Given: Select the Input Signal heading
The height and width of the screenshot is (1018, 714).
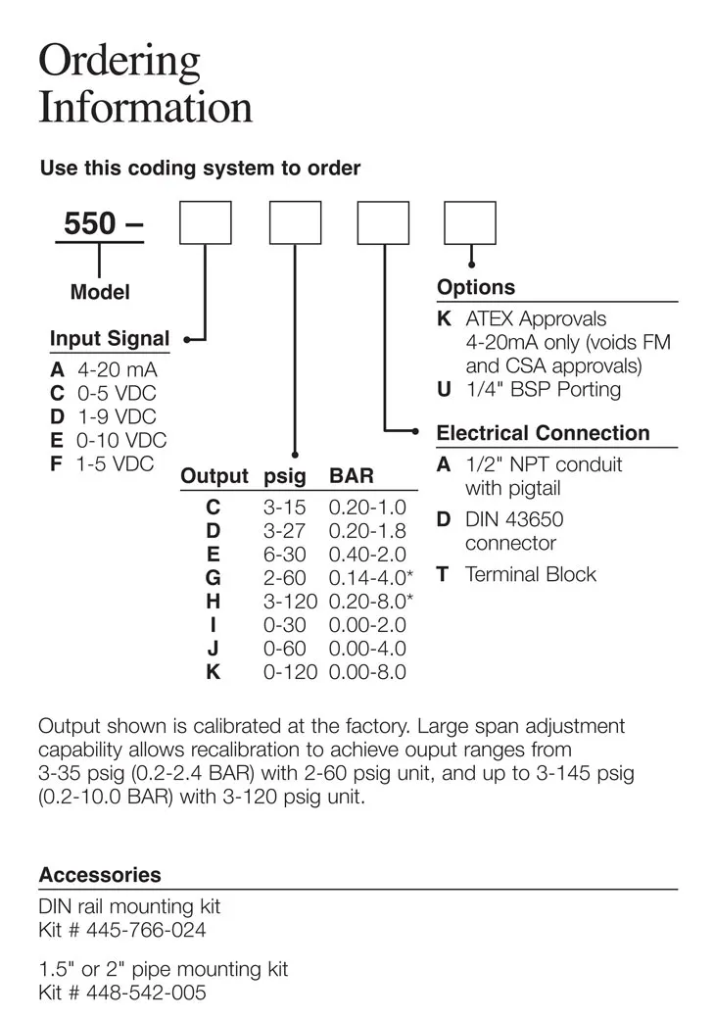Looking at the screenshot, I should point(110,339).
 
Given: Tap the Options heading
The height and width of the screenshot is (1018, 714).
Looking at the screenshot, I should point(476,287).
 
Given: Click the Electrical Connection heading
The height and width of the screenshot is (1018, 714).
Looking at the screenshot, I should point(543,433).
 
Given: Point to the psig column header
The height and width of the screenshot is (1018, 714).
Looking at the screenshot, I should point(285,477).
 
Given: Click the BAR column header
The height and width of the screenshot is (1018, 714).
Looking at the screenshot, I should point(352,477).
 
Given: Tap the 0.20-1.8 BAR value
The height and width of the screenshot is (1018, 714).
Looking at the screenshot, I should point(367,530).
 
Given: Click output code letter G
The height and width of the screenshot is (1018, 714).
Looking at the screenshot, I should point(214,577).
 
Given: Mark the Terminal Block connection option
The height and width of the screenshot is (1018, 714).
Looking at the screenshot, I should point(530,574).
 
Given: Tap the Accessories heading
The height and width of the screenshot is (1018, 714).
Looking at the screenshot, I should point(100,875).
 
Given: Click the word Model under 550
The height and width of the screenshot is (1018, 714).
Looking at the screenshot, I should point(100,292).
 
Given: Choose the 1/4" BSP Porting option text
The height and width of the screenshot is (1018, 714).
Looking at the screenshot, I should point(543,389).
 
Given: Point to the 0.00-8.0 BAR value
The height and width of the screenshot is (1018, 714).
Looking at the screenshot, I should point(367,671).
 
